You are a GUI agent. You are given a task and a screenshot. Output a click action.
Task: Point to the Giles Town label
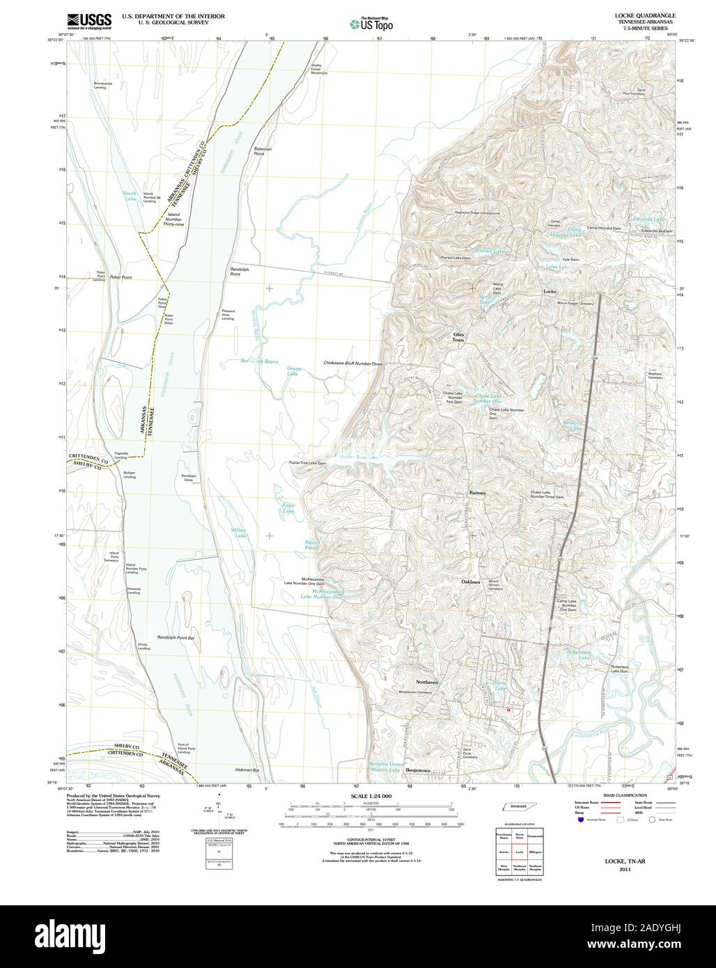point(458,337)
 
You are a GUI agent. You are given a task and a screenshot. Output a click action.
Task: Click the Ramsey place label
point(477,492)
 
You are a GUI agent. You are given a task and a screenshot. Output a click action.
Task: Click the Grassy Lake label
point(293,370)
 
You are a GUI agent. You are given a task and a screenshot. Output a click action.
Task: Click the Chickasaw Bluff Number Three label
point(353,364)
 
